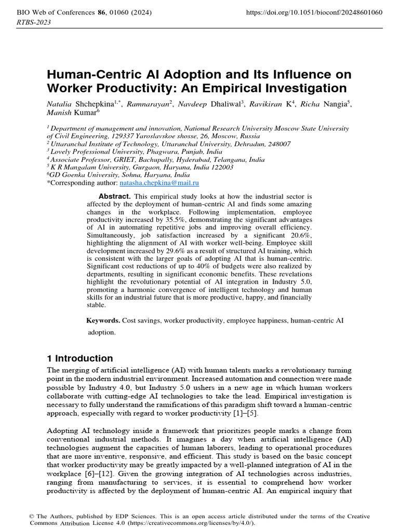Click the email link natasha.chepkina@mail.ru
(159, 183)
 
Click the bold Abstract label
(114, 197)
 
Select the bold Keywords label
(103, 321)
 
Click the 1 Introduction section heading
(80, 358)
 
